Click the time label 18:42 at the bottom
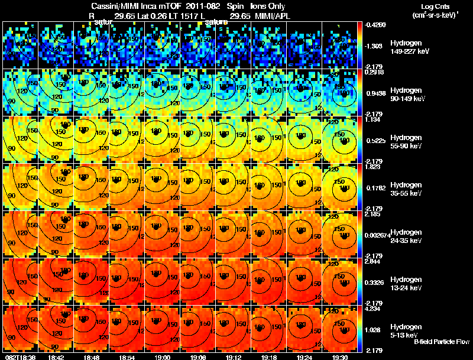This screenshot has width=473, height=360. tap(56, 356)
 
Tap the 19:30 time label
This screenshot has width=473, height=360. tap(339, 356)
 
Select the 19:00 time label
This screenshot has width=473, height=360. tap(162, 356)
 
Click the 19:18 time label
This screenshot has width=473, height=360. tap(268, 356)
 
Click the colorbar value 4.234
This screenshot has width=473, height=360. tap(372, 309)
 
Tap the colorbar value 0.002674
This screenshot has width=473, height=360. tap(377, 236)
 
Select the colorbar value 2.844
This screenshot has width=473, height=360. tap(372, 261)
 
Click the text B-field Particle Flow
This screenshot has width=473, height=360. tap(441, 342)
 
